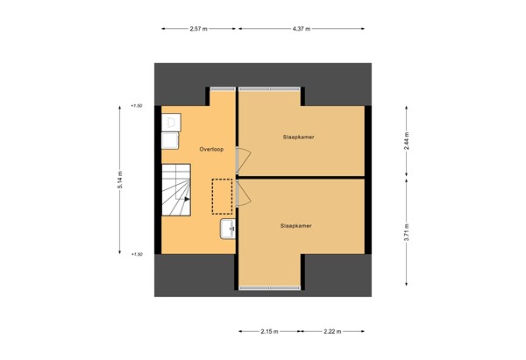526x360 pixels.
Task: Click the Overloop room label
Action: (x=211, y=149)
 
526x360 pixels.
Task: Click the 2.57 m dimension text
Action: (x=198, y=29)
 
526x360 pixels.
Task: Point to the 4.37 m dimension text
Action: (x=302, y=29)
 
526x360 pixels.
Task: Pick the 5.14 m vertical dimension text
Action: (x=119, y=180)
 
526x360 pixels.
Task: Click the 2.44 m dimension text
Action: (x=406, y=140)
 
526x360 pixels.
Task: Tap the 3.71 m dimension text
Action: (x=406, y=232)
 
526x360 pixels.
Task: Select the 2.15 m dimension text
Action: (x=268, y=332)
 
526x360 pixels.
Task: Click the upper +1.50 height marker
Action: (x=136, y=106)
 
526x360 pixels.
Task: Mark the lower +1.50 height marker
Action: (x=136, y=254)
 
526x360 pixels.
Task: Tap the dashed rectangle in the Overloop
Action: (x=223, y=197)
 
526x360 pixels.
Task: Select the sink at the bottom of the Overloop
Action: (x=228, y=229)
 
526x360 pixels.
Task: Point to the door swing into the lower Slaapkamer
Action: (x=245, y=193)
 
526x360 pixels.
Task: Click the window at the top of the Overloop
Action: (x=223, y=88)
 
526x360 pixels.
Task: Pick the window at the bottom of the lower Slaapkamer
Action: (x=268, y=287)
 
